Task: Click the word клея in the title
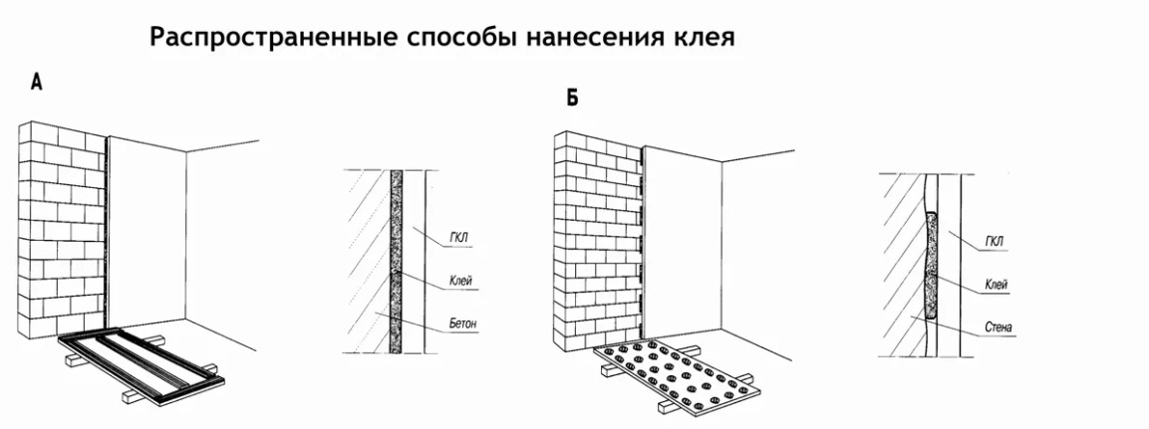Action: point(700,39)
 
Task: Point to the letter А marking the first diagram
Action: point(37,84)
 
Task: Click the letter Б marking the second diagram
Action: point(571,98)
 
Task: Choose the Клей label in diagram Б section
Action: point(995,285)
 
